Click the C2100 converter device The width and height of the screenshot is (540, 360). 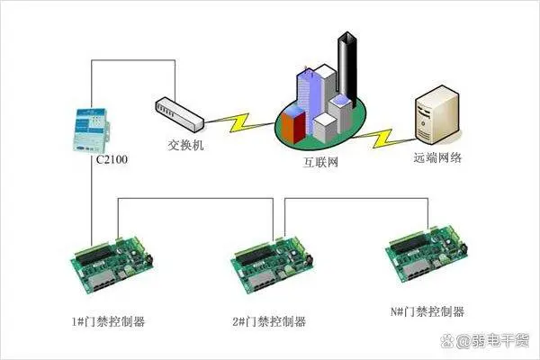click(91, 130)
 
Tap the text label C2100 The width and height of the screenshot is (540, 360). click(112, 159)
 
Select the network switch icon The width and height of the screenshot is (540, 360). click(179, 114)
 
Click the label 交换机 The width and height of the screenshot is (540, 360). click(185, 145)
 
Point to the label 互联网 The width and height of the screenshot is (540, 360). click(320, 162)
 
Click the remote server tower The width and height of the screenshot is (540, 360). click(437, 114)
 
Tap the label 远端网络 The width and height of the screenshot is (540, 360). click(437, 157)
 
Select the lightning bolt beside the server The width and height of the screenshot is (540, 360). click(383, 138)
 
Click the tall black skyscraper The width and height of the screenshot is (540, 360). click(347, 69)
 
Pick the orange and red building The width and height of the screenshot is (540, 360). click(293, 126)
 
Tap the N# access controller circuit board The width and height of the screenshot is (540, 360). click(427, 253)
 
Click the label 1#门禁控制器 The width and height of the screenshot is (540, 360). click(108, 321)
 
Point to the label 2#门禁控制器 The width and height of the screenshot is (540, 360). click(269, 321)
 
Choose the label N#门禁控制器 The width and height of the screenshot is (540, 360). click(427, 311)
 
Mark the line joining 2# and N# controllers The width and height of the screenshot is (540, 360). click(356, 198)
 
